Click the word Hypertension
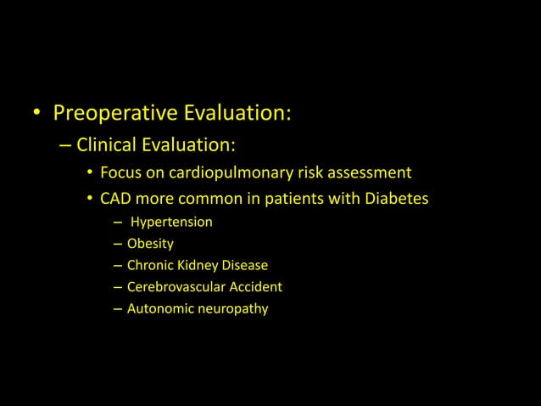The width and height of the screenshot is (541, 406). point(171,223)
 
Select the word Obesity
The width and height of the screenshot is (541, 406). point(150,245)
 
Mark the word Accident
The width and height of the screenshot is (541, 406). point(254,287)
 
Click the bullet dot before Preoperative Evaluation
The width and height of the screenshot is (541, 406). point(37,114)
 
